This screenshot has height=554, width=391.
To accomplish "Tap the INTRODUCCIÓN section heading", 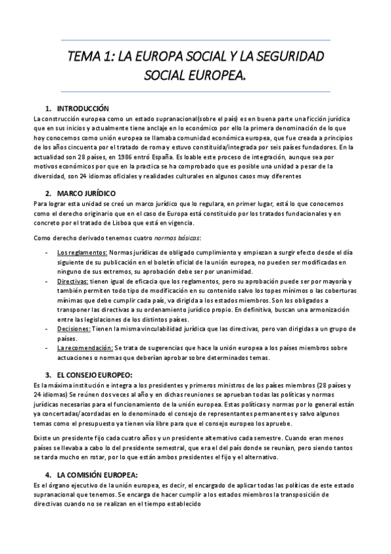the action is (x=83, y=108).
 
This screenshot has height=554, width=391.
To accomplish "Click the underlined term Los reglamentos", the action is (x=73, y=252).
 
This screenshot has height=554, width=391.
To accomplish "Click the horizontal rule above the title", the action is (x=195, y=40).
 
